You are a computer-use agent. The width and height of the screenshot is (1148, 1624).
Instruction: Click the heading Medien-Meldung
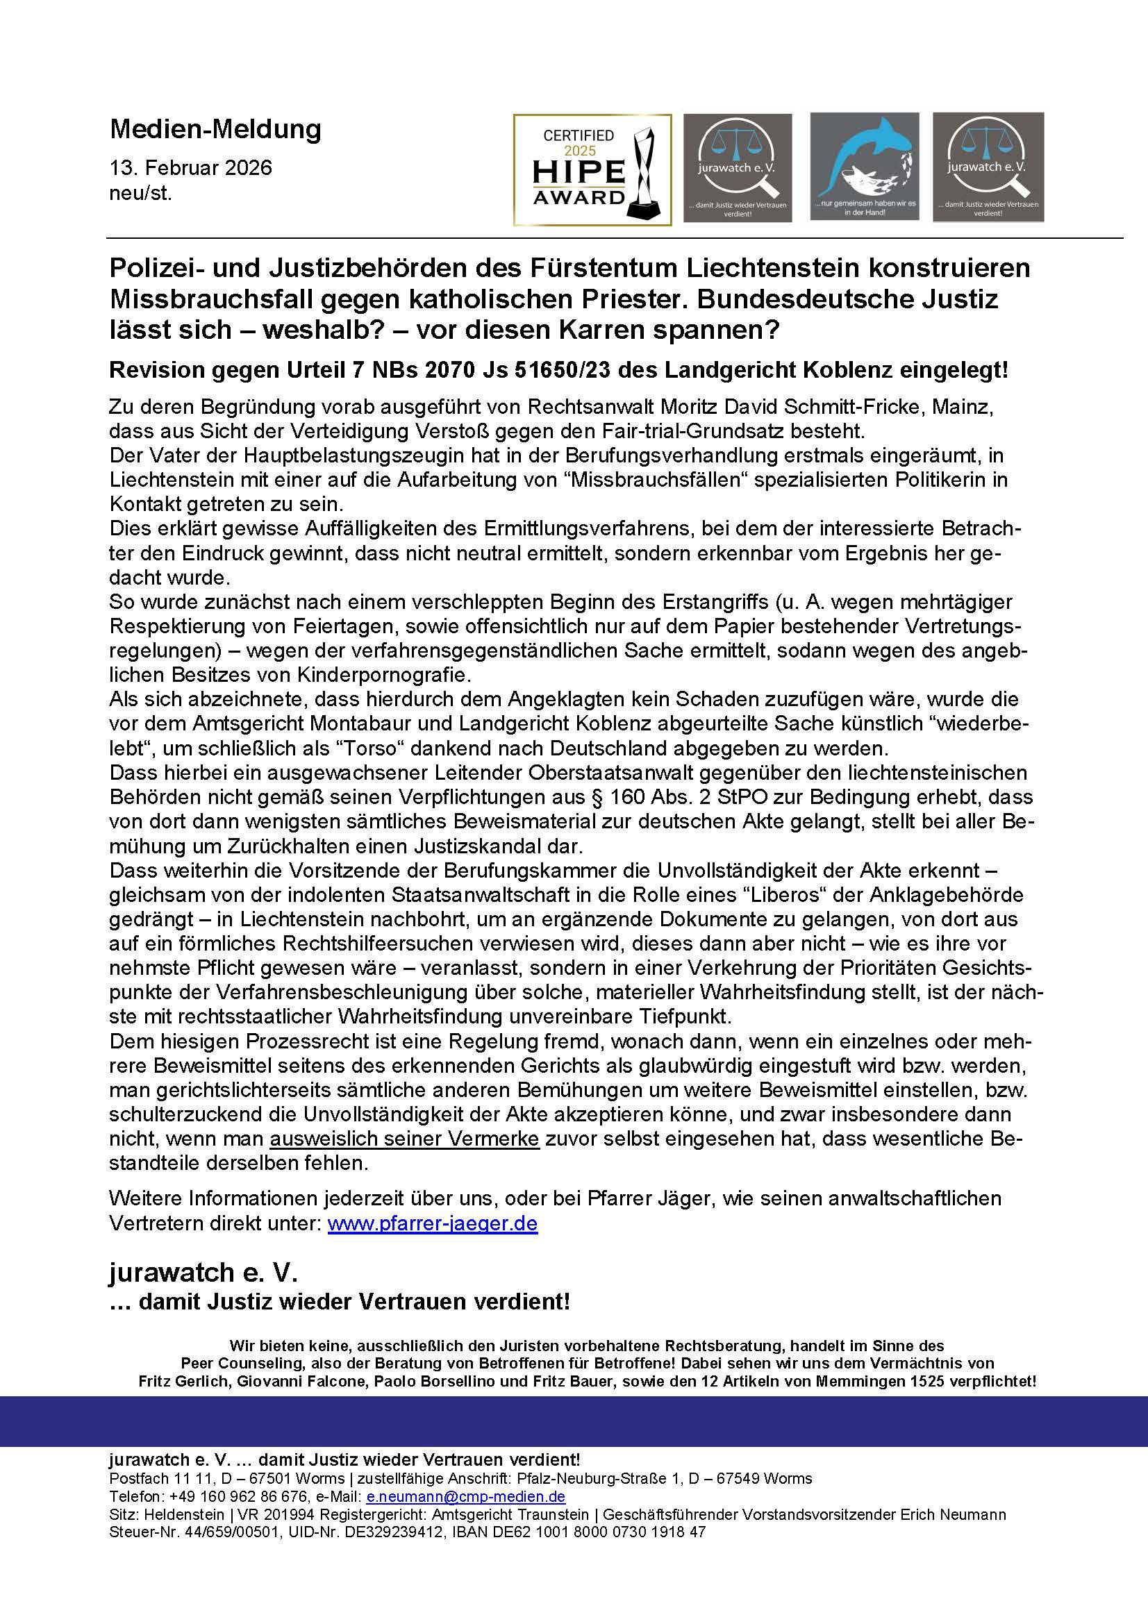pyautogui.click(x=215, y=129)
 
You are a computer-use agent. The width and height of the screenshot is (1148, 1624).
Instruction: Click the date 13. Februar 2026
pyautogui.click(x=190, y=168)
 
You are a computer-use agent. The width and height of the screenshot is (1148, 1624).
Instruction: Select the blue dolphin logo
pyautogui.click(x=864, y=167)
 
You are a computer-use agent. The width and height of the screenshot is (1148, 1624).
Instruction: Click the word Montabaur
pyautogui.click(x=437, y=723)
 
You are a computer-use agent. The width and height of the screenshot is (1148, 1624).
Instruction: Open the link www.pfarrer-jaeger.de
pyautogui.click(x=432, y=1223)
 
